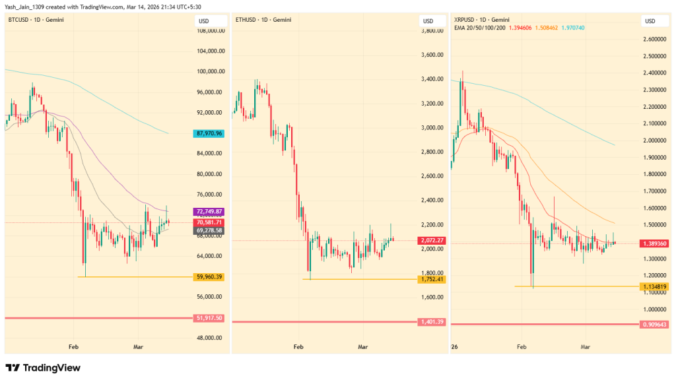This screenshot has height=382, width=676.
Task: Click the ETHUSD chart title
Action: click(262, 20)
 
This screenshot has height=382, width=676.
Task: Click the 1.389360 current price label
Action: click(654, 243)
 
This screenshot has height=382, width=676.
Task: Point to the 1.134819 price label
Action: click(654, 286)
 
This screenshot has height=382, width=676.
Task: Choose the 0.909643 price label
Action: click(654, 325)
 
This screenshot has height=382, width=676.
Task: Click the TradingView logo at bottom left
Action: click(43, 367)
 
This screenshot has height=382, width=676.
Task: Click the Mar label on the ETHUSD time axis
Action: click(362, 346)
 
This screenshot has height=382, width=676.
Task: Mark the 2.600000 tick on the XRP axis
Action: click(654, 39)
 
